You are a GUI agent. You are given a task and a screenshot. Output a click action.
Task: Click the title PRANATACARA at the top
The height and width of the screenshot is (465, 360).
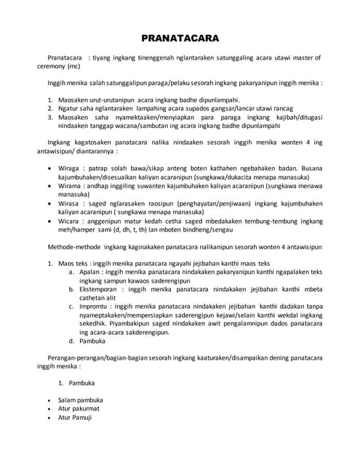click(x=180, y=39)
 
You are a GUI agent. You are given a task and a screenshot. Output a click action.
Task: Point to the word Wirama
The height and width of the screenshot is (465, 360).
click(x=71, y=187)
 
